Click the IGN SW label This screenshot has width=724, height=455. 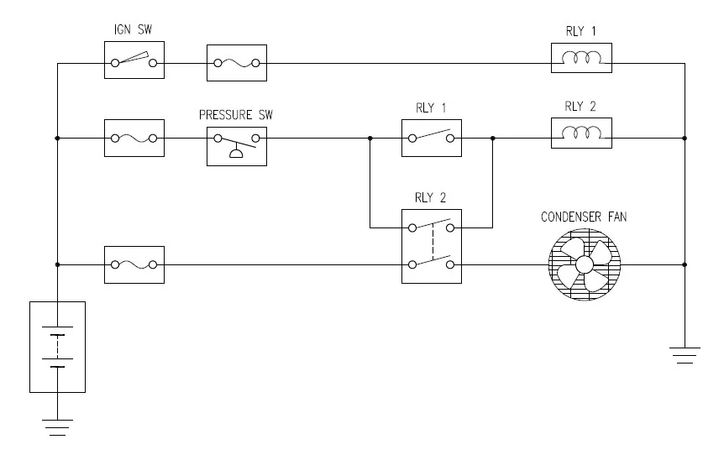[x=133, y=31]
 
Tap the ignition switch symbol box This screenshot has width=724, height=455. [x=134, y=61]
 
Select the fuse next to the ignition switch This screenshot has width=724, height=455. [x=237, y=61]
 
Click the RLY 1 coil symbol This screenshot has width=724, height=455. [x=581, y=60]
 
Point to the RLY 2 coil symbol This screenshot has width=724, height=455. [x=581, y=133]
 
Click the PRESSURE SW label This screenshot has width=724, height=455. [x=236, y=113]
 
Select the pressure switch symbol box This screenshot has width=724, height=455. [x=237, y=142]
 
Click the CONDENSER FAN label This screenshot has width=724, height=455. [x=583, y=217]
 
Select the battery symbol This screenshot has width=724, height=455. [x=57, y=347]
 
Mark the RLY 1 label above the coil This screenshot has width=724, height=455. [x=581, y=32]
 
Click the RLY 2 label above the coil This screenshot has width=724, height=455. [x=581, y=106]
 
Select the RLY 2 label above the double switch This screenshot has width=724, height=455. [x=431, y=198]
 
